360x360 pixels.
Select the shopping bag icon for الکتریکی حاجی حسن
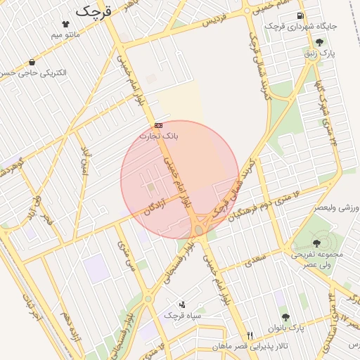(x=32, y=62)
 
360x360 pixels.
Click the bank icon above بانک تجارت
(x=159, y=124)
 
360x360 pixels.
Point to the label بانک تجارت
(x=159, y=135)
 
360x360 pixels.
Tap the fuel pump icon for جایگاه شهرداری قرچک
(x=300, y=15)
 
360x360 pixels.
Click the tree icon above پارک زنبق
(x=320, y=42)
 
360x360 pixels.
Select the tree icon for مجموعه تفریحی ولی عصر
(x=314, y=243)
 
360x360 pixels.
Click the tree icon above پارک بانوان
(x=285, y=318)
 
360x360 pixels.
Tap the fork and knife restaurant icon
(x=250, y=335)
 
